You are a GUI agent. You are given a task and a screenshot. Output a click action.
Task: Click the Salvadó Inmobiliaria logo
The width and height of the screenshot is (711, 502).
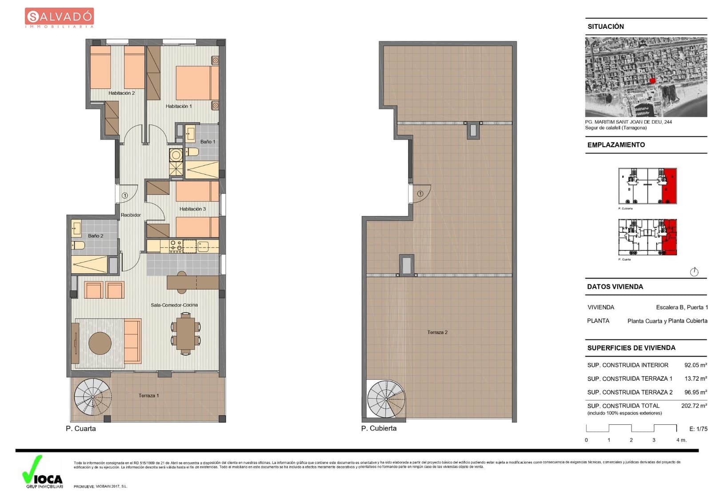(x=59, y=18)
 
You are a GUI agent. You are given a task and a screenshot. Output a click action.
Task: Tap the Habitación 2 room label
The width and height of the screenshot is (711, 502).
(x=121, y=93)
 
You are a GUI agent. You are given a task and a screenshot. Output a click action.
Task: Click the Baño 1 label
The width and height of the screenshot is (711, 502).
(x=208, y=142)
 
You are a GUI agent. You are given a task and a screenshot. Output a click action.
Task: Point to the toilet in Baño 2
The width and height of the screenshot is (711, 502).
(x=79, y=245)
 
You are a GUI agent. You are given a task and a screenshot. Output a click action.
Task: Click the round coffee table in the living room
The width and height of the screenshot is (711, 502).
(x=100, y=343)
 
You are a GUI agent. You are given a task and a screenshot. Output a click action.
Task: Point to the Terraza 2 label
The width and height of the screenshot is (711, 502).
(x=437, y=332)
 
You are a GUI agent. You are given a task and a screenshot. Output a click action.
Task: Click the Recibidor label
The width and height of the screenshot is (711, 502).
(x=131, y=215)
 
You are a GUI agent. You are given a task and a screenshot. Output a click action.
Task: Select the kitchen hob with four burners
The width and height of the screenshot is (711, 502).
(x=176, y=246)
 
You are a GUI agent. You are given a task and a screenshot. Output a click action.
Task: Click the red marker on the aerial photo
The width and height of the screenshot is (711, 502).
(x=652, y=80)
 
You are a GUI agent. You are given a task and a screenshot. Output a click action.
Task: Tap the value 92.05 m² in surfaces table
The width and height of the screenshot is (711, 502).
(x=695, y=365)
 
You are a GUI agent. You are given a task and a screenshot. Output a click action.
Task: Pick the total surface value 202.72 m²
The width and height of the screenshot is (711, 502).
(x=694, y=406)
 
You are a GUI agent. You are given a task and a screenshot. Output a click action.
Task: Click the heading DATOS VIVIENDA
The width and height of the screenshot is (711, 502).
(x=615, y=287)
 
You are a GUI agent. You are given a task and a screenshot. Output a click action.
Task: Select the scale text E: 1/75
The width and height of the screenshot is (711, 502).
(x=698, y=429)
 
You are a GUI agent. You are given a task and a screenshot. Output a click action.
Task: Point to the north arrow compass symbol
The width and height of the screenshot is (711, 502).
(x=694, y=271)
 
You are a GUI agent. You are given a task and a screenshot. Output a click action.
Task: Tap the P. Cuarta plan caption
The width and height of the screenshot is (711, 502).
(x=81, y=428)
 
